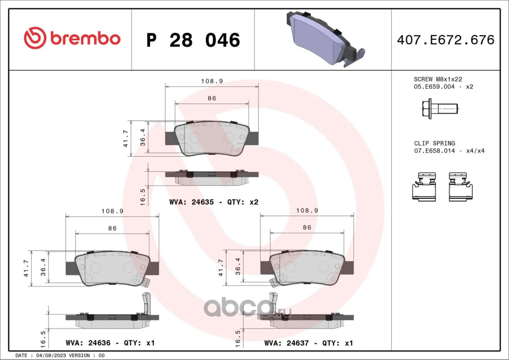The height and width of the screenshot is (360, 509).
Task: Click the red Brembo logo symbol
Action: point(35,38)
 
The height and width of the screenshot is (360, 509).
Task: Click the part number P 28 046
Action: point(193,40)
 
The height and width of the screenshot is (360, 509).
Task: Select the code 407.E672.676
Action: point(446,40)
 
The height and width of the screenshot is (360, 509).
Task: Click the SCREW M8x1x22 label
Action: point(438,79)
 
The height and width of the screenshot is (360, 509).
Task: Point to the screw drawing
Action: point(440,109)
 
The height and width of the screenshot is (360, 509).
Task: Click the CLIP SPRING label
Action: point(435,143)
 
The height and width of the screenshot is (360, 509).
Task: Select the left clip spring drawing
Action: point(424,187)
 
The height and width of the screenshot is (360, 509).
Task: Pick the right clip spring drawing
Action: point(460,187)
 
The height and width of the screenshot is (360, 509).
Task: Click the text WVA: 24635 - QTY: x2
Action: point(214,202)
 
